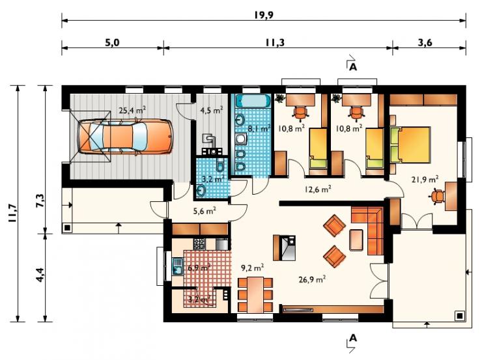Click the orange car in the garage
pos(125,137)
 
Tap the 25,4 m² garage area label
pos(132,110)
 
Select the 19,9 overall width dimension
pos(264,14)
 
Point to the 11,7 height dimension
pos(12,213)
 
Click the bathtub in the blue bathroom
pos(253,101)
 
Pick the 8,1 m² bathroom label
pos(259,128)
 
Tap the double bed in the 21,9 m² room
pos(410,145)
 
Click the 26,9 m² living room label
pos(312,279)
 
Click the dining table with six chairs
pos(255,295)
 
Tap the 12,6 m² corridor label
pos(318,189)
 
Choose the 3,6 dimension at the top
pos(425,42)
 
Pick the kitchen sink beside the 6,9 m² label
pos(177,266)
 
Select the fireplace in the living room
pos(285,248)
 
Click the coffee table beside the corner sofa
pos(356,240)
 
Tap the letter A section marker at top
pos(353,67)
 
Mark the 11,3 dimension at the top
pos(275,42)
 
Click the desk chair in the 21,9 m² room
pos(438,197)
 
